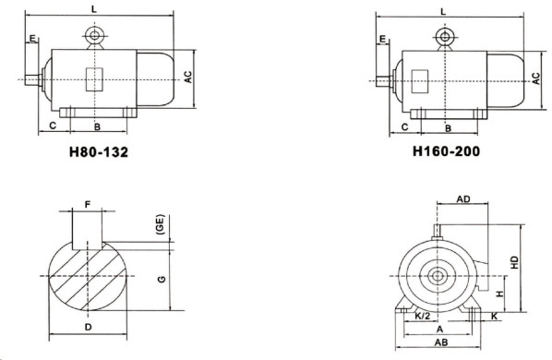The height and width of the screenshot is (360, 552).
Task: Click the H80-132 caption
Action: (99, 152)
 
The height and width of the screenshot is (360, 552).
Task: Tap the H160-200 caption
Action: (447, 151)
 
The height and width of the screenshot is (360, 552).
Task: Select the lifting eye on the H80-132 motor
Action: (94, 36)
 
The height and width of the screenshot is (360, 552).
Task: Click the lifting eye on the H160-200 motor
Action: (445, 37)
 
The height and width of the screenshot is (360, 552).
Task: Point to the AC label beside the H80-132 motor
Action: (188, 77)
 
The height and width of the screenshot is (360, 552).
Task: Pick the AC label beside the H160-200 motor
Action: (535, 78)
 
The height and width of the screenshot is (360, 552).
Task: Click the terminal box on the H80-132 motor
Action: (94, 79)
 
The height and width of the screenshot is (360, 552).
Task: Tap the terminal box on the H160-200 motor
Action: (420, 81)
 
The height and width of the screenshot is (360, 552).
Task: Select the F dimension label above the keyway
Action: (88, 204)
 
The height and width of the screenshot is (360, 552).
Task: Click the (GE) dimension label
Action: (161, 224)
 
